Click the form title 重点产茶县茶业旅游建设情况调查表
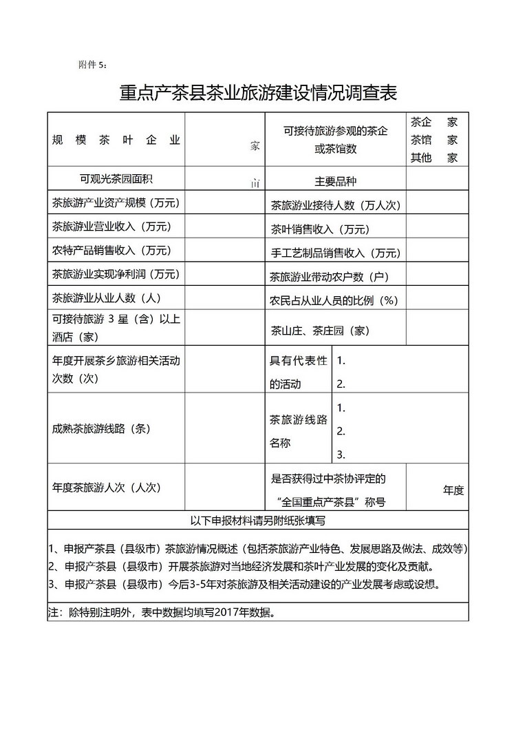258,93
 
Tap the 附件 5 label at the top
93,65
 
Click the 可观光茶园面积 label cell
116,179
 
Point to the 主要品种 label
335,181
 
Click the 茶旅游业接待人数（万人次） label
335,205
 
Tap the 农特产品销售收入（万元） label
111,249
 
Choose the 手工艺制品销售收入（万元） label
335,253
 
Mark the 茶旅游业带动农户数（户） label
330,277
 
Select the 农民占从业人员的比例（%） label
334,301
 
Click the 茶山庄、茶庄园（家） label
320,331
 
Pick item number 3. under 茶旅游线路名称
341,455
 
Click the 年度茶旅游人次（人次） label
106,487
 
